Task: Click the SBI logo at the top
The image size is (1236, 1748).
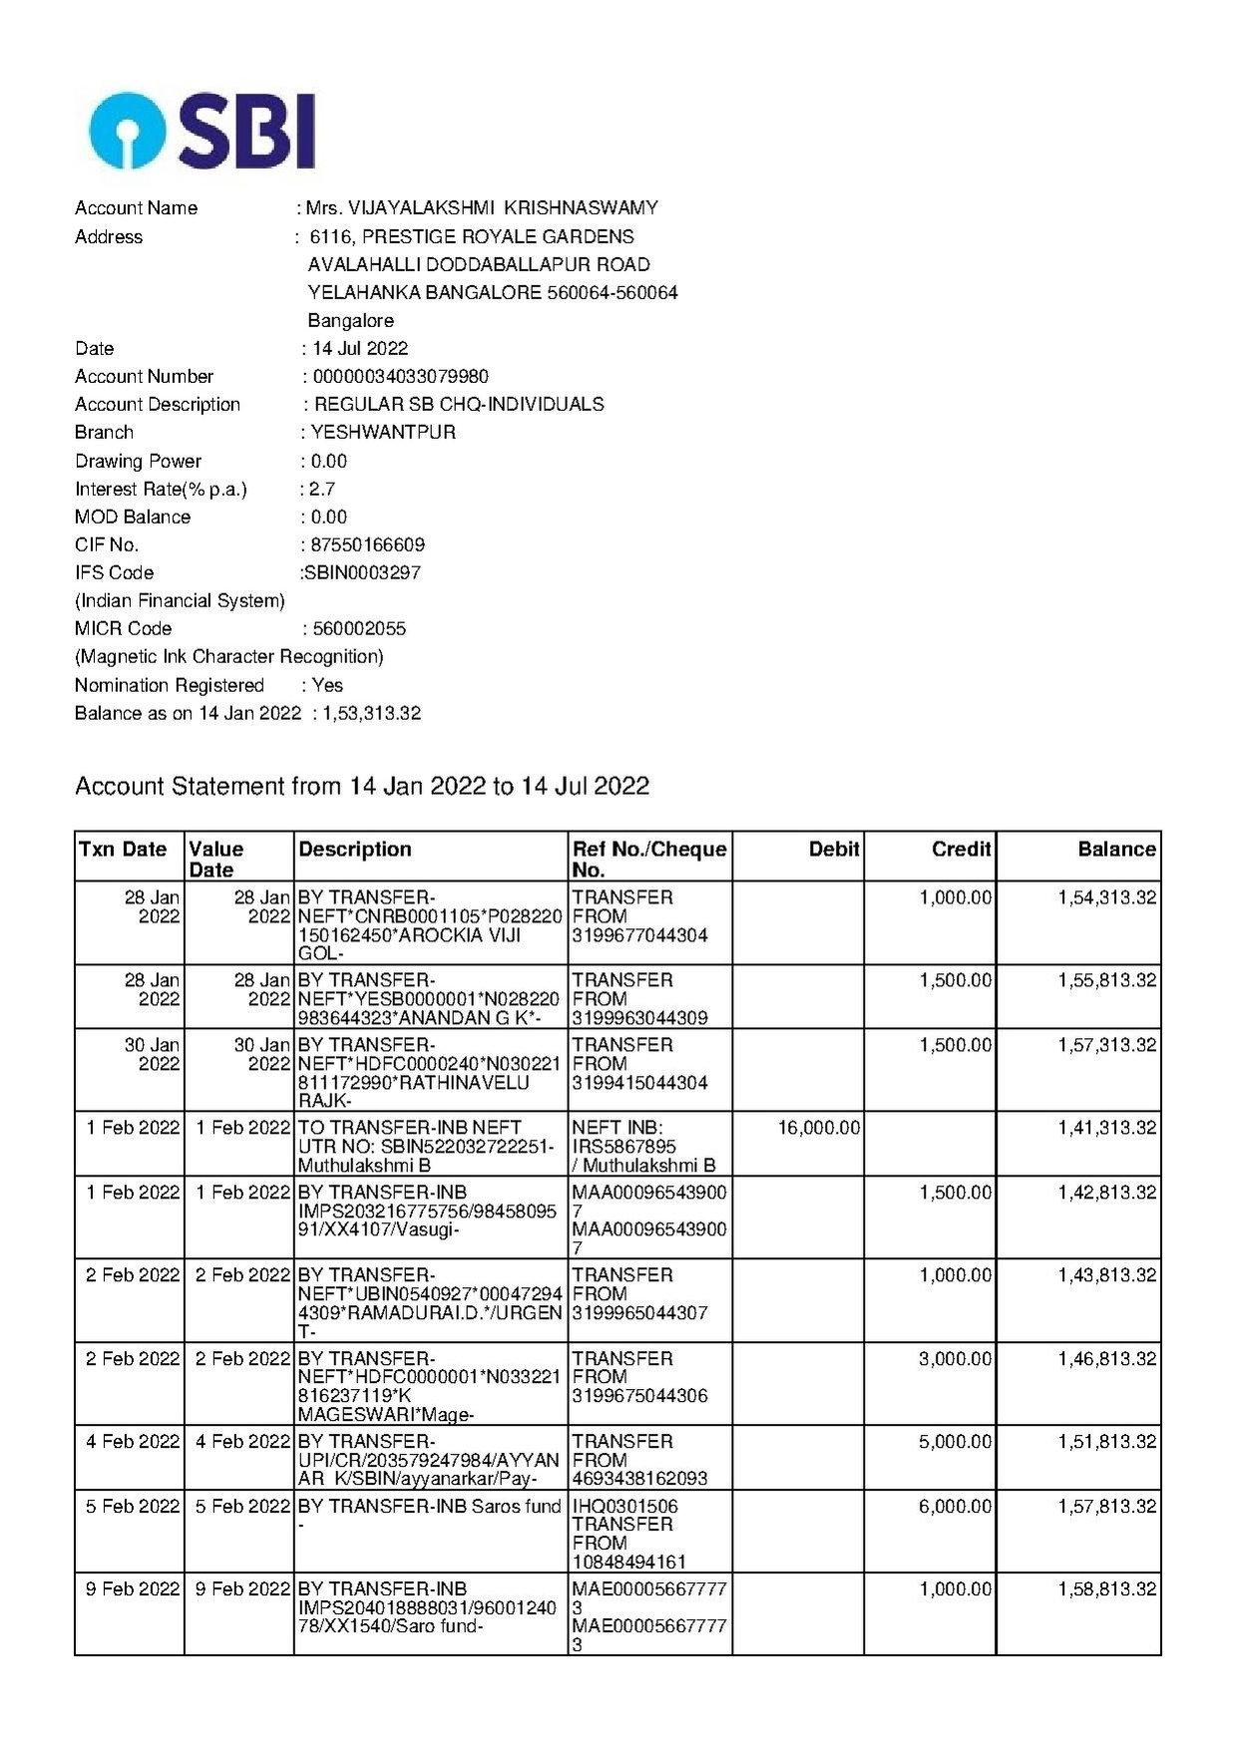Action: click(x=203, y=131)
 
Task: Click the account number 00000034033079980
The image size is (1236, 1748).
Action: click(x=400, y=376)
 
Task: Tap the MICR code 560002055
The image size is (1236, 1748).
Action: click(x=359, y=628)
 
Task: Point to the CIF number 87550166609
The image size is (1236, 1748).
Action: click(x=367, y=544)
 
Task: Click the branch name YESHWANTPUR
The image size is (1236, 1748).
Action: click(x=383, y=432)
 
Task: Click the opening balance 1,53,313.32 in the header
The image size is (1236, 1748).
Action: click(x=371, y=713)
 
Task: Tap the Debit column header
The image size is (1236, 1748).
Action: click(x=834, y=850)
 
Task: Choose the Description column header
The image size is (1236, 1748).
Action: click(x=355, y=850)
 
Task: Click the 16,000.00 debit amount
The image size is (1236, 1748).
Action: click(x=818, y=1128)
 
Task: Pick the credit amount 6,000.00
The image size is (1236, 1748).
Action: click(x=955, y=1507)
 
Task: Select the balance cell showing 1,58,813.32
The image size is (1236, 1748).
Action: click(x=1107, y=1589)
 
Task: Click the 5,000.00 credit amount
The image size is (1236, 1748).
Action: click(x=955, y=1442)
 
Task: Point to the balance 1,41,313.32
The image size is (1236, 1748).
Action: click(x=1107, y=1128)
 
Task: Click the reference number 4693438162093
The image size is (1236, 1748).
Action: click(x=639, y=1479)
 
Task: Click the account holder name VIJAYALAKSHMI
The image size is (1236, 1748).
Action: click(x=420, y=207)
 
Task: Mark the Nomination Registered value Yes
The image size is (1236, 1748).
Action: click(x=327, y=685)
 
